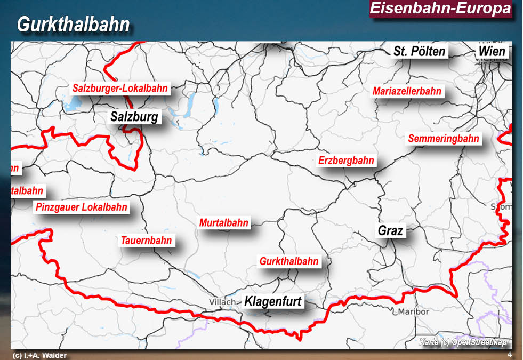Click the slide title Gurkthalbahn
tap(74, 25)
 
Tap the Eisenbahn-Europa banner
tap(440, 9)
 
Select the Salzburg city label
tap(134, 117)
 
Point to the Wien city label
tap(491, 52)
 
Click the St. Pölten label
tap(420, 52)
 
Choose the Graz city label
tap(391, 231)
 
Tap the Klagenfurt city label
tap(273, 302)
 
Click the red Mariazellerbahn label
tap(407, 91)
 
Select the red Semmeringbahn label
tap(444, 139)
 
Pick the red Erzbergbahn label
tap(346, 161)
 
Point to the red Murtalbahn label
tap(224, 223)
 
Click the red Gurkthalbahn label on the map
tap(289, 261)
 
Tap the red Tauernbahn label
tap(146, 241)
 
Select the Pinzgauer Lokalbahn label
tap(82, 207)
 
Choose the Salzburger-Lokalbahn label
tap(120, 89)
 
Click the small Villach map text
tap(222, 302)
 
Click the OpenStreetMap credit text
tap(463, 342)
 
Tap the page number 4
tap(510, 355)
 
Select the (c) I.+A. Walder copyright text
tap(39, 355)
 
